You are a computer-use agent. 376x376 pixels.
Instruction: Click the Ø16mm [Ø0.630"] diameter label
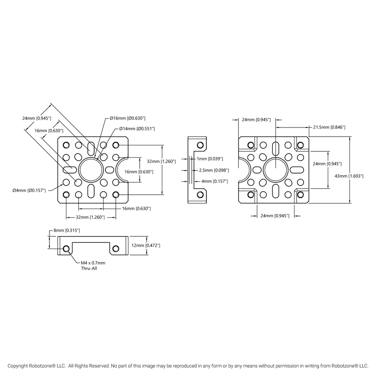[x=127, y=118]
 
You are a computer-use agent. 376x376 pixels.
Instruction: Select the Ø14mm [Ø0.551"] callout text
[x=137, y=128]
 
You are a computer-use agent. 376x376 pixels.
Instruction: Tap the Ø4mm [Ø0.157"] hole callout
[x=29, y=190]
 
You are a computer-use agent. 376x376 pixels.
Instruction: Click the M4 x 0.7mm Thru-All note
[x=93, y=265]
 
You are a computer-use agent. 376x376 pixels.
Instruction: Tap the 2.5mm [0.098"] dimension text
[x=211, y=170]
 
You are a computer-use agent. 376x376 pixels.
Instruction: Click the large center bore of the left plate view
[x=91, y=170]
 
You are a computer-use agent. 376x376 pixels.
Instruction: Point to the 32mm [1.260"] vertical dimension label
[x=161, y=161]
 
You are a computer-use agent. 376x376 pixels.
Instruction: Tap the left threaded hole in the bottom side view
[x=66, y=249]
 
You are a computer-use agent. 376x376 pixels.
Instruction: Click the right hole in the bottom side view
[x=115, y=249]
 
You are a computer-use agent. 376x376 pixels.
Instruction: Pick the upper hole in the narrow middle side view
[x=200, y=145]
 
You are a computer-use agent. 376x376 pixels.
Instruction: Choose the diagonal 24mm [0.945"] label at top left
[x=37, y=118]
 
